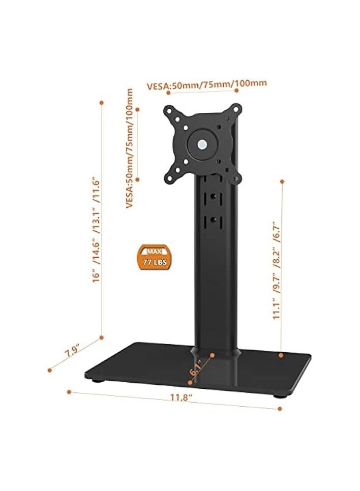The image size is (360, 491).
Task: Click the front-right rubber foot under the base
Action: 279,395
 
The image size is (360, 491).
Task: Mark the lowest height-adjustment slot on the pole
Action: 213,220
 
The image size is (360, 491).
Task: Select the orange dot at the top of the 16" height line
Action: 102,102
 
